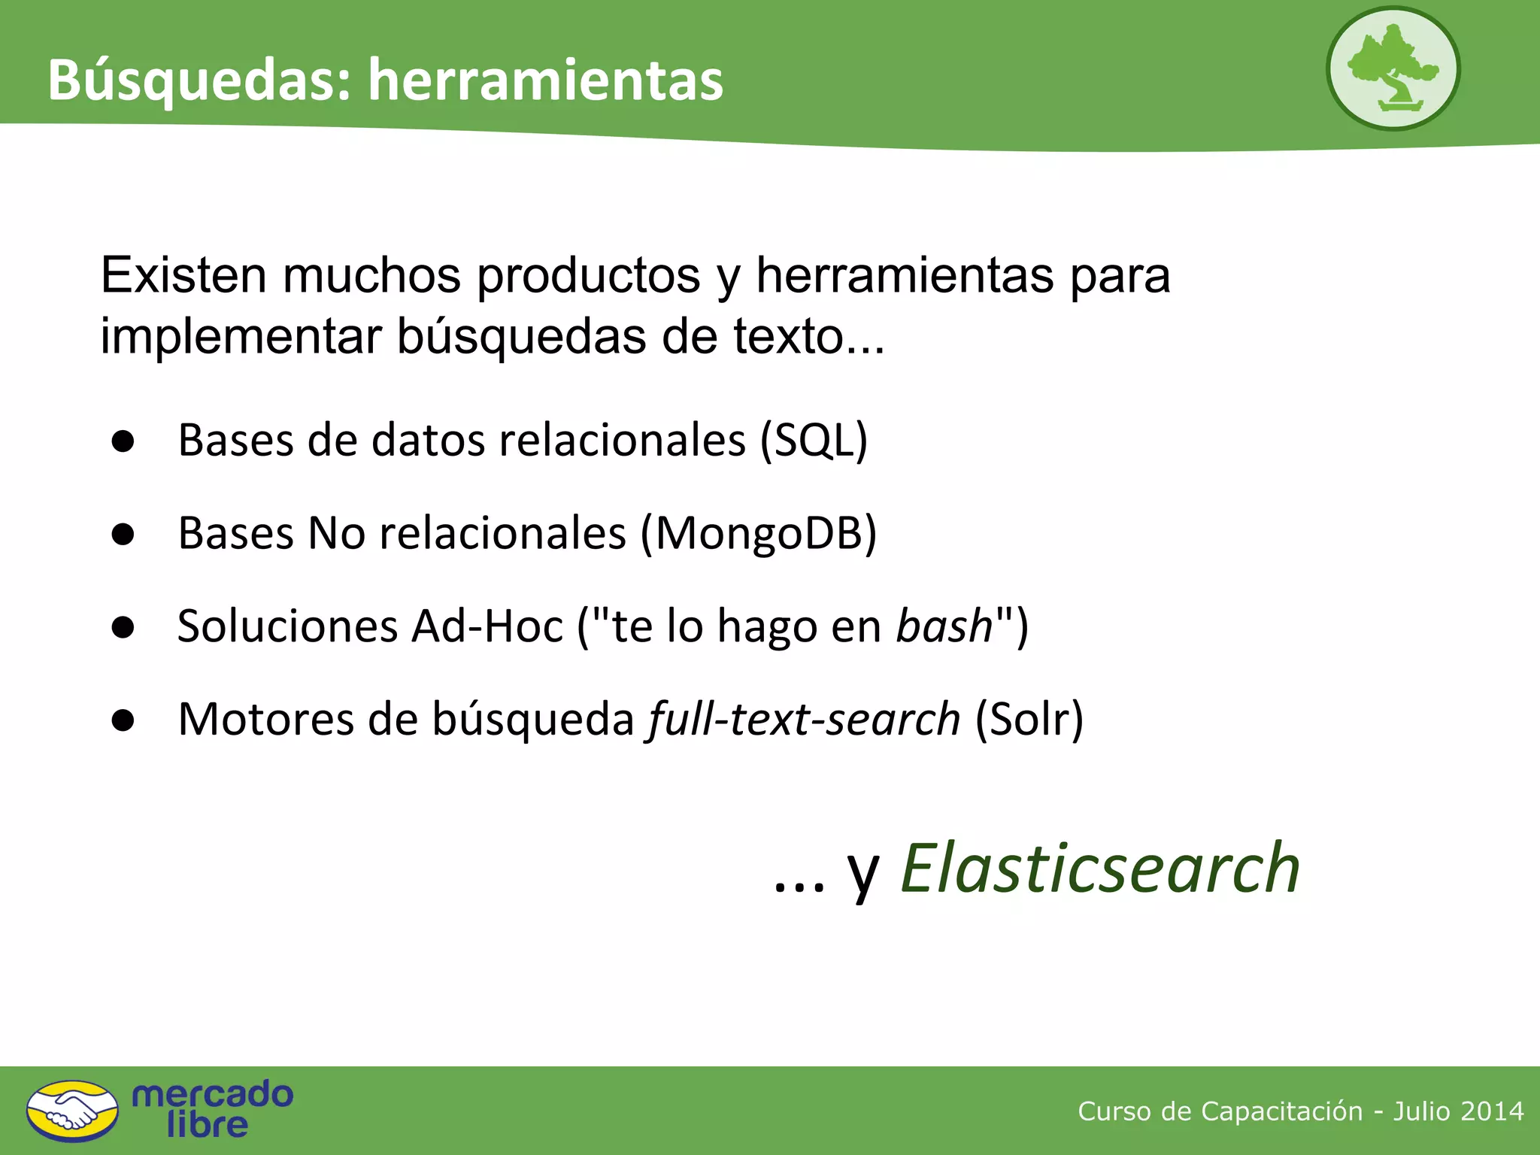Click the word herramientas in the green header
tap(545, 80)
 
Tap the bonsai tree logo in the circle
tap(1393, 68)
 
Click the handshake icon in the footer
tap(72, 1111)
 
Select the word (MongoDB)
tap(759, 533)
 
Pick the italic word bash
tap(944, 626)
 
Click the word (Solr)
tap(1029, 719)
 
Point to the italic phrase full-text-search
tap(804, 719)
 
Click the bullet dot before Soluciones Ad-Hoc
tap(123, 627)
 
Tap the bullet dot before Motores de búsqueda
tap(123, 720)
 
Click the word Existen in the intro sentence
tap(183, 275)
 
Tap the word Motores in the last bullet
tap(265, 719)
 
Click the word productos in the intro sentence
tap(589, 275)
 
